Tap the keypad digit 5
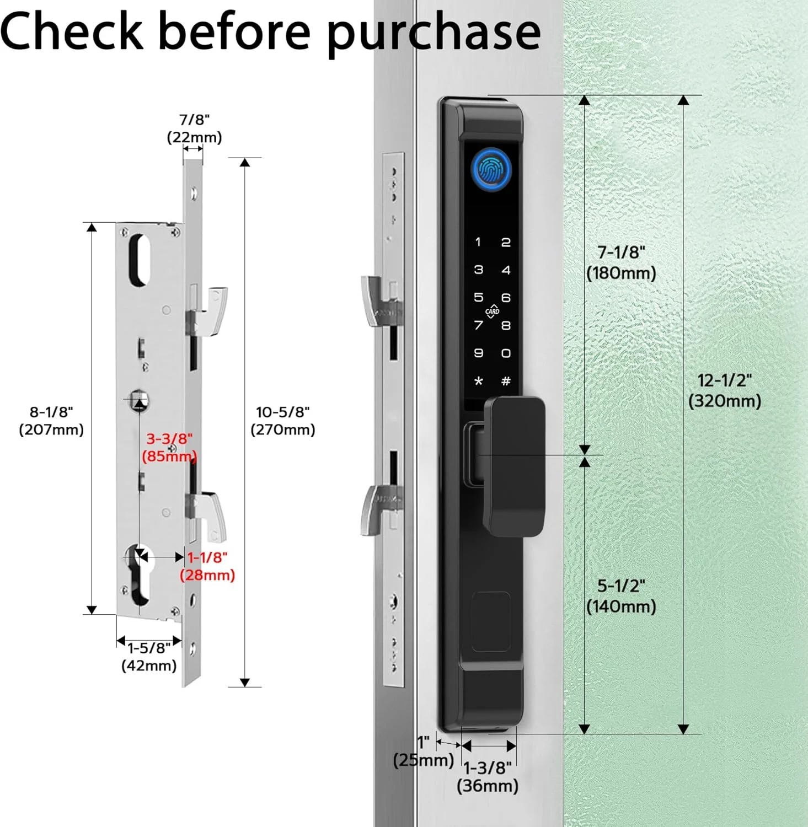478,297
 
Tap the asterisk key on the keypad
478,380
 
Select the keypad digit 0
506,353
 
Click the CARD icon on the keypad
492,312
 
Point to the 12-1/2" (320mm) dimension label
725,390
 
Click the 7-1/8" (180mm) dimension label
621,262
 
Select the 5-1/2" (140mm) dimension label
621,596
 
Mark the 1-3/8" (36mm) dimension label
488,776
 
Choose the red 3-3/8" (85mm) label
169,447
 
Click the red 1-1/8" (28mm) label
207,566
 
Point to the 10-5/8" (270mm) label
283,421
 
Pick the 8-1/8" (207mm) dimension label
51,421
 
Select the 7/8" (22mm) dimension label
194,128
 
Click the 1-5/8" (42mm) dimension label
149,656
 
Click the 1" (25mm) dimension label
424,751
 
